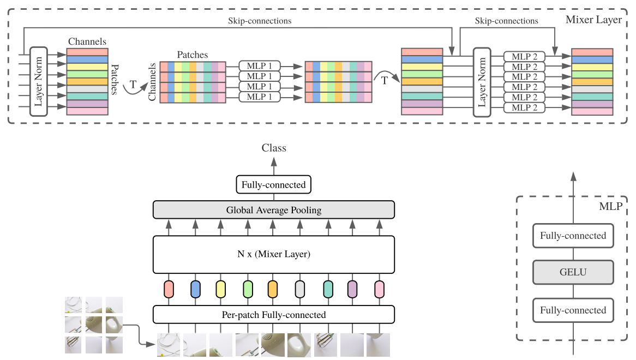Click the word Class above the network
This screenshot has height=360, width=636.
click(274, 148)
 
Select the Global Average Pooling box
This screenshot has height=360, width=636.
click(274, 210)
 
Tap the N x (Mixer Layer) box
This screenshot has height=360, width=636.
click(274, 254)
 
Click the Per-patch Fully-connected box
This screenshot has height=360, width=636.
click(274, 315)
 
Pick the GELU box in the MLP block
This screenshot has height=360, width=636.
click(573, 272)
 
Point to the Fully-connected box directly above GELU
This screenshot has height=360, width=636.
click(573, 236)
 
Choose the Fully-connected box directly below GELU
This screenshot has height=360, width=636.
click(573, 310)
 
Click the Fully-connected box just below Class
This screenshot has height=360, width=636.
click(274, 184)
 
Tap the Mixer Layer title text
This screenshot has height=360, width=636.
click(593, 20)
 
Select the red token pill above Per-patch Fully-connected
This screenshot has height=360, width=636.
click(169, 289)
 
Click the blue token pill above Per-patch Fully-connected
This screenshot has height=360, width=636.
click(195, 289)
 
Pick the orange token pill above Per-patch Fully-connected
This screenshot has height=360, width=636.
click(273, 289)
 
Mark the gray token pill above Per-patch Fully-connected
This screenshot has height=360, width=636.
click(299, 289)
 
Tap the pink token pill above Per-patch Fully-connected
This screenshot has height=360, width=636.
click(379, 289)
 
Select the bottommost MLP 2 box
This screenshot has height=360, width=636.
click(524, 107)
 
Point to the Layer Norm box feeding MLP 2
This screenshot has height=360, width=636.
click(482, 82)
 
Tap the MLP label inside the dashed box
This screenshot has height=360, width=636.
click(610, 207)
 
